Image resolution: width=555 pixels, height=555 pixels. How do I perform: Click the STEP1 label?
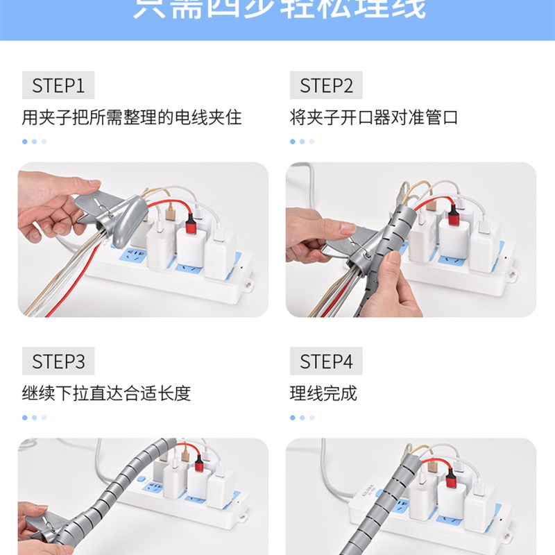click(x=58, y=86)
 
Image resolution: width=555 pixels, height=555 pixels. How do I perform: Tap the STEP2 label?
click(x=326, y=86)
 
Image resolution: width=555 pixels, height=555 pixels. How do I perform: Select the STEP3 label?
click(x=58, y=361)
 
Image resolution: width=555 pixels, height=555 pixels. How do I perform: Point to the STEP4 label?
click(x=326, y=361)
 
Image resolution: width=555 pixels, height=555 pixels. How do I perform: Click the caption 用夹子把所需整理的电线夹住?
click(x=132, y=117)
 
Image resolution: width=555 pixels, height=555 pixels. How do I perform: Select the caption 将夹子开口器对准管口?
click(x=374, y=117)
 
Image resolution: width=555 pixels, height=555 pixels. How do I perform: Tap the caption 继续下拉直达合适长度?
click(x=106, y=393)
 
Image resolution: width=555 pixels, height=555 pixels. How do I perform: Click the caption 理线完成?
click(x=323, y=393)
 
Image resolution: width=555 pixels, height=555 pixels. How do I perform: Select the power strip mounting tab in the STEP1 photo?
click(x=248, y=284)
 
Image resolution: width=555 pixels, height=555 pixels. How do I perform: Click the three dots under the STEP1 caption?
click(x=34, y=142)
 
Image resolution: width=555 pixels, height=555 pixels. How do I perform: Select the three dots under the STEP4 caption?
click(x=302, y=418)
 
